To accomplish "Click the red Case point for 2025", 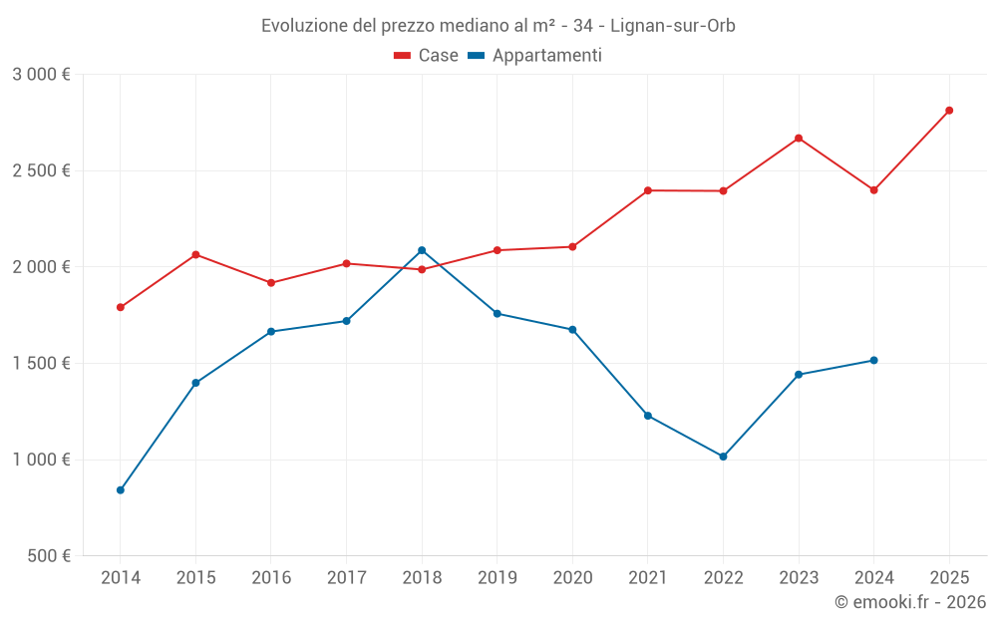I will pos(949,111).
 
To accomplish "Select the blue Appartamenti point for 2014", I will pos(121,490).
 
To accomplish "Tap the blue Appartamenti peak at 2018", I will pos(422,250).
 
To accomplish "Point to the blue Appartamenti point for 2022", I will pos(724,457).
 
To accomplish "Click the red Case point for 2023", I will pos(799,139).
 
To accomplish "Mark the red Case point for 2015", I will pos(195,255).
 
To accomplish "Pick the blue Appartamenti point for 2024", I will pos(874,360).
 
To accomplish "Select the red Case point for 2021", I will pos(648,190).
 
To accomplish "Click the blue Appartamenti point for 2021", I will pos(648,416).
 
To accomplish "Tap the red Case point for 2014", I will pos(121,307).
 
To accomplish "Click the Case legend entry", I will pos(427,56).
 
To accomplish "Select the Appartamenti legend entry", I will pos(535,56).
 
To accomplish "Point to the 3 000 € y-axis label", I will pos(41,75).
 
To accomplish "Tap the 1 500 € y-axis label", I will pos(41,364).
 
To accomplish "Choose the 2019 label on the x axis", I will pos(498,577).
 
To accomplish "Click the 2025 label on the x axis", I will pos(949,577).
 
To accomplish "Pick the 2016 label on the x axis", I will pos(271,577).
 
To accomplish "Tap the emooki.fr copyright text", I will pos(910,602).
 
